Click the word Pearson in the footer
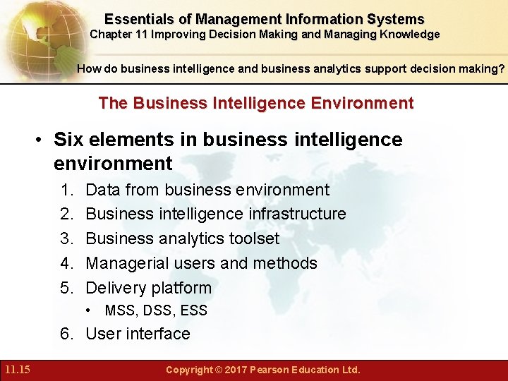(272, 370)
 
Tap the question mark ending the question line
(501, 69)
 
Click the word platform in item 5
(179, 288)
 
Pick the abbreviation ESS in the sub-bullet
(193, 310)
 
